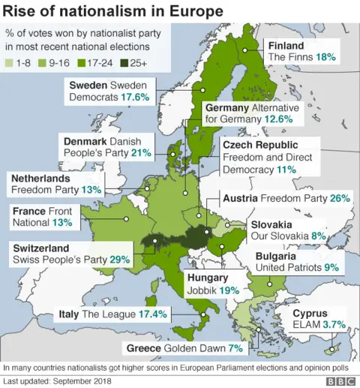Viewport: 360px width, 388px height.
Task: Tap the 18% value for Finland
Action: click(325, 57)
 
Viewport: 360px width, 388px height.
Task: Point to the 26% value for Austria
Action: click(340, 198)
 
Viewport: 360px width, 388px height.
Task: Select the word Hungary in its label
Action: click(207, 277)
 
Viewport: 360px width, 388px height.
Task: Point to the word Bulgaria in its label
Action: click(279, 255)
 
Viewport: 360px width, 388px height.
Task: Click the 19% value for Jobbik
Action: click(229, 290)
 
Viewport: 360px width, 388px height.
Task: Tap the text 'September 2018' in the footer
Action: click(88, 381)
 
